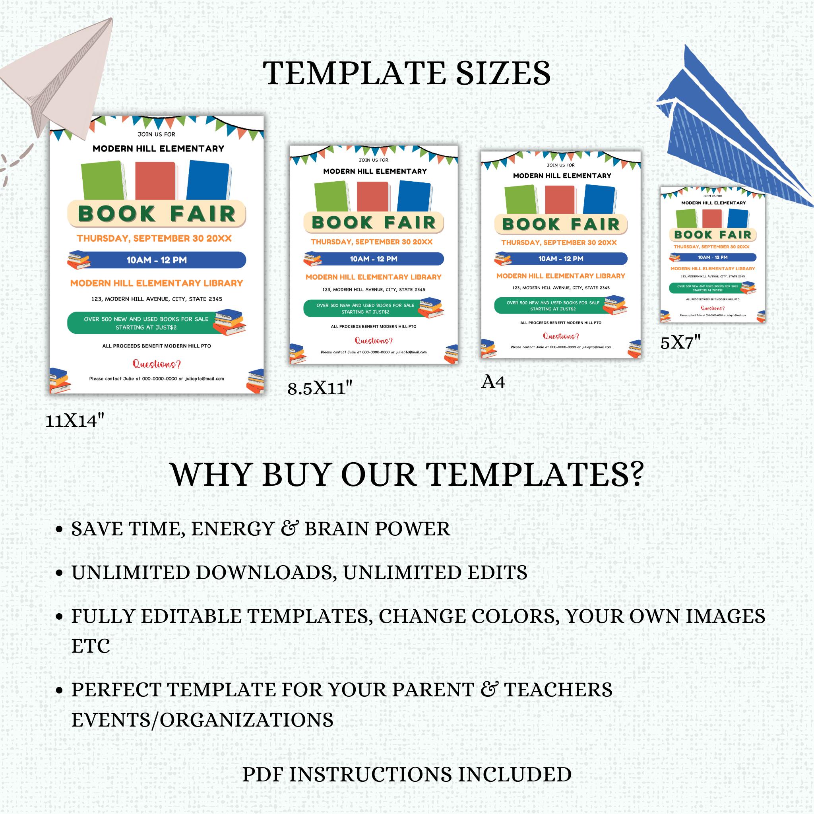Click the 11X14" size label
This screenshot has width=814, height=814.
pyautogui.click(x=75, y=421)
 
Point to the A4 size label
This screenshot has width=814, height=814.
pyautogui.click(x=493, y=382)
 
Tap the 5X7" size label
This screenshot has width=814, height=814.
pyautogui.click(x=680, y=343)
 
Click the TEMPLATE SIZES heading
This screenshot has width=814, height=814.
pyautogui.click(x=407, y=73)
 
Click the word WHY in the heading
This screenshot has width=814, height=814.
pyautogui.click(x=213, y=475)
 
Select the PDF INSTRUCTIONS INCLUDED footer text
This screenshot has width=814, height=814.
pyautogui.click(x=407, y=774)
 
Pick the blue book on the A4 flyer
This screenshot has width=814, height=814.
pyautogui.click(x=599, y=199)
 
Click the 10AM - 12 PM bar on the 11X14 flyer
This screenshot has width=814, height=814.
pyautogui.click(x=157, y=260)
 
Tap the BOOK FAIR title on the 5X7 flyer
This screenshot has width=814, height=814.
pyautogui.click(x=713, y=235)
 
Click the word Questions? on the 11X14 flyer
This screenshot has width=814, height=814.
pyautogui.click(x=157, y=364)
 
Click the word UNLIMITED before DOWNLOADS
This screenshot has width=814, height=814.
pyautogui.click(x=130, y=573)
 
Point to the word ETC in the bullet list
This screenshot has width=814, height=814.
pyautogui.click(x=91, y=646)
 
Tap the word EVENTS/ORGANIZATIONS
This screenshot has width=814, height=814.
pyautogui.click(x=202, y=720)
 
